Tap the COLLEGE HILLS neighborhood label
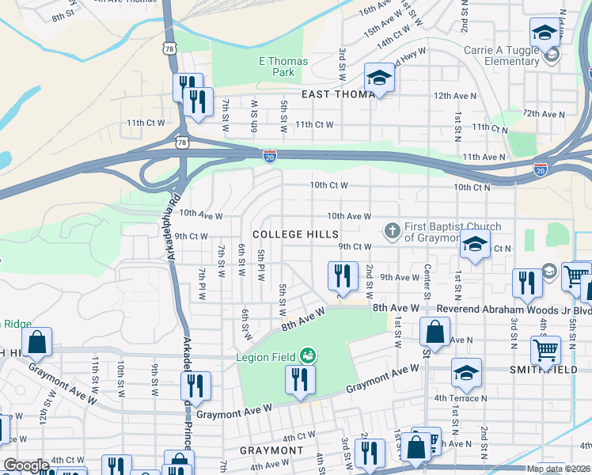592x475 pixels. (295, 235)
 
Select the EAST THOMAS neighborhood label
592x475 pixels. (337, 94)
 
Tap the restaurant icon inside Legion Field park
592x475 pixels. (300, 379)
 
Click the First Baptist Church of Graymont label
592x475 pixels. (442, 232)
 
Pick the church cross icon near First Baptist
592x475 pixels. (391, 231)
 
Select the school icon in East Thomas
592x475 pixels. (379, 78)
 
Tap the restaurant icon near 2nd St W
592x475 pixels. (343, 275)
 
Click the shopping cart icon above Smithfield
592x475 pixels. (545, 348)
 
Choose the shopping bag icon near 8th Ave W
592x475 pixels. (435, 332)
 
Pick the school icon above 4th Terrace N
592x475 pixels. (467, 373)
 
